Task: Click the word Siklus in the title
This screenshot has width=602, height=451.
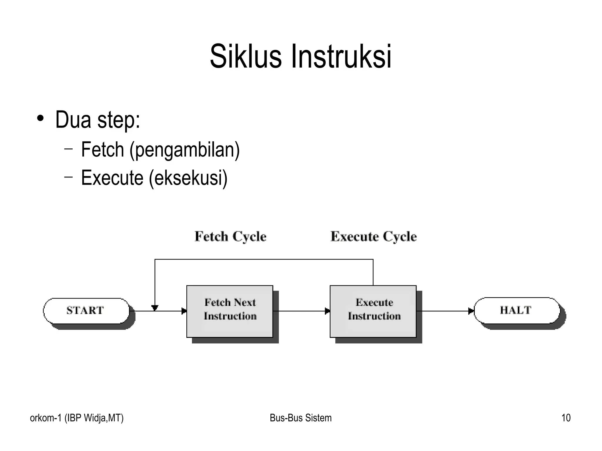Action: tap(245, 56)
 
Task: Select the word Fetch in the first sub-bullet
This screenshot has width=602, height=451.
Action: tap(102, 150)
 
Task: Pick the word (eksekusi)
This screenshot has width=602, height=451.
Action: tap(188, 178)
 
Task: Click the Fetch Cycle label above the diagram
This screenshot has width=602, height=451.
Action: tap(230, 236)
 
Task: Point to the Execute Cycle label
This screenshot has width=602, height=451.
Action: tap(373, 236)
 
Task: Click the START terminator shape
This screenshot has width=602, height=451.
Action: tap(86, 311)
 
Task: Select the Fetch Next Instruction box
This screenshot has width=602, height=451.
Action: tap(230, 311)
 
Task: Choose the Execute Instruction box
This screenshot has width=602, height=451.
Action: tap(373, 311)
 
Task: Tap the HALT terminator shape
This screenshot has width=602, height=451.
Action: tap(516, 311)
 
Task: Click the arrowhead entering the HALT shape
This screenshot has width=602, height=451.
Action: tap(471, 311)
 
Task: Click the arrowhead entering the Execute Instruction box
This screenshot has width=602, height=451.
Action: tap(327, 311)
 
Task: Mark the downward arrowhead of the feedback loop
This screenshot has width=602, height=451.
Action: tap(155, 308)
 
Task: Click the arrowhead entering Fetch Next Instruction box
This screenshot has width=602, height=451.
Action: tap(184, 311)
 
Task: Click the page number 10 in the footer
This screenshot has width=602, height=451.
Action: tap(566, 418)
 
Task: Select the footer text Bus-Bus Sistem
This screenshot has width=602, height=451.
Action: tap(300, 418)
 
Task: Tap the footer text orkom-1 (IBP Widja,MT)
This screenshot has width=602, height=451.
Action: tap(77, 418)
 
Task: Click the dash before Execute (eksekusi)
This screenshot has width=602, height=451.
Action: tap(68, 177)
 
